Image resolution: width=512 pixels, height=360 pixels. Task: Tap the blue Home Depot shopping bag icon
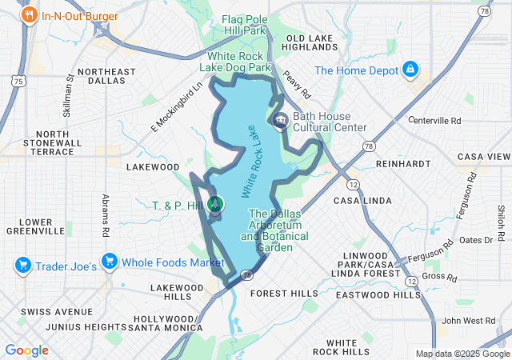pos(410,70)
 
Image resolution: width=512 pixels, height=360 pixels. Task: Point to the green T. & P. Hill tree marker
pos(215,205)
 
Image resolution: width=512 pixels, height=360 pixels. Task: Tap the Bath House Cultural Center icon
pos(281,121)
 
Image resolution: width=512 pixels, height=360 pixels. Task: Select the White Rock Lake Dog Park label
pos(241,62)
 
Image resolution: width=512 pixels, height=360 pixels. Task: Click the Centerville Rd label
pos(434,121)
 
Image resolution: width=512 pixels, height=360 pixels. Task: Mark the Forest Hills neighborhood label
pos(283,294)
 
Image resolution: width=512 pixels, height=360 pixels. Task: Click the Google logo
pos(26,350)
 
